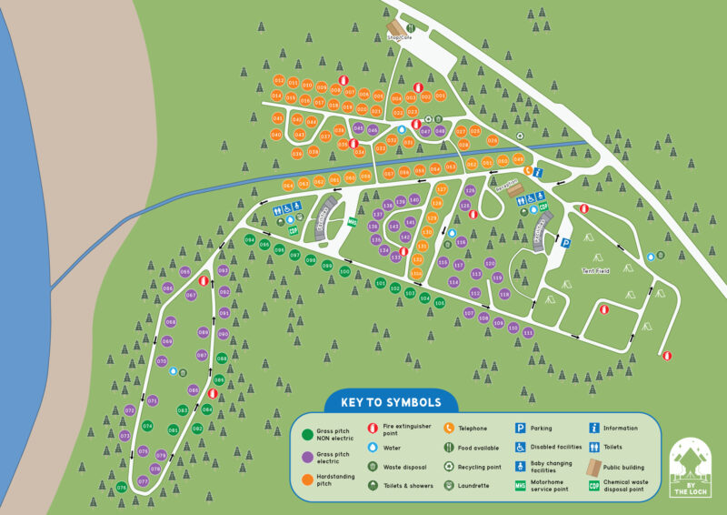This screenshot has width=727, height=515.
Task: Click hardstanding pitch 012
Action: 279,81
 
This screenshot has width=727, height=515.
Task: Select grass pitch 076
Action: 121,488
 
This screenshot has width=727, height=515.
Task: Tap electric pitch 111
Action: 528,333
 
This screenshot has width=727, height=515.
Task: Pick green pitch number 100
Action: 344,271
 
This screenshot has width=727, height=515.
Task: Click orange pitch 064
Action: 289,185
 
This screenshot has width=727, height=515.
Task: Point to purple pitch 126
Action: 470,191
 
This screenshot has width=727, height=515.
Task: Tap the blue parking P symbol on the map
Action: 565,243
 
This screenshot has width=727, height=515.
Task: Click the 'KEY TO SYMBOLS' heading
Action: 391,402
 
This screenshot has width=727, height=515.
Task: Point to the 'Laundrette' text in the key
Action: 478,486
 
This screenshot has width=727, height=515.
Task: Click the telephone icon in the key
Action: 449,428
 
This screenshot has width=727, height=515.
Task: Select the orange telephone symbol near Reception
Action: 525,169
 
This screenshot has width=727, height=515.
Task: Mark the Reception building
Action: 506,182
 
